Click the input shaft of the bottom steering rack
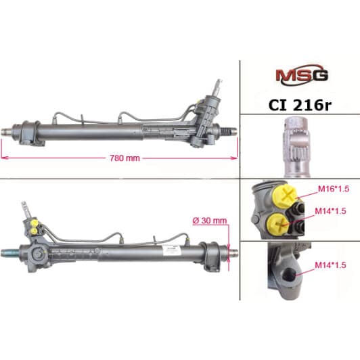point(22,209)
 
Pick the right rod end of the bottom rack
point(231,253)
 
